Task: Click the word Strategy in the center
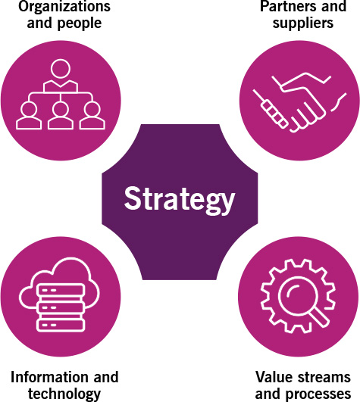[180, 200]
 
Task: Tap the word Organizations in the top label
[64, 6]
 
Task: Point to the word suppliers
[303, 23]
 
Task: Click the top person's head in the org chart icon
[61, 69]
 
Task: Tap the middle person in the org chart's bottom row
[61, 115]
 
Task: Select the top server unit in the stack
[61, 290]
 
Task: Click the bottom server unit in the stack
[61, 325]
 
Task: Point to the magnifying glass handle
[319, 317]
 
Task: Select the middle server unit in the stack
[61, 307]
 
